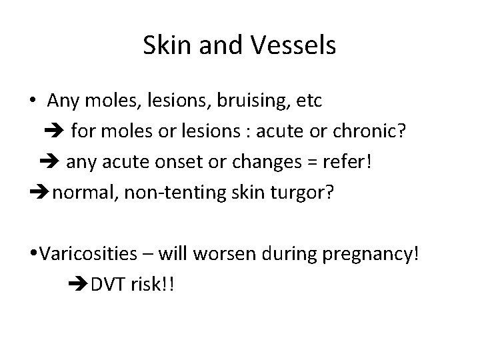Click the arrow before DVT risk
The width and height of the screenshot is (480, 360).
pyautogui.click(x=79, y=284)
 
